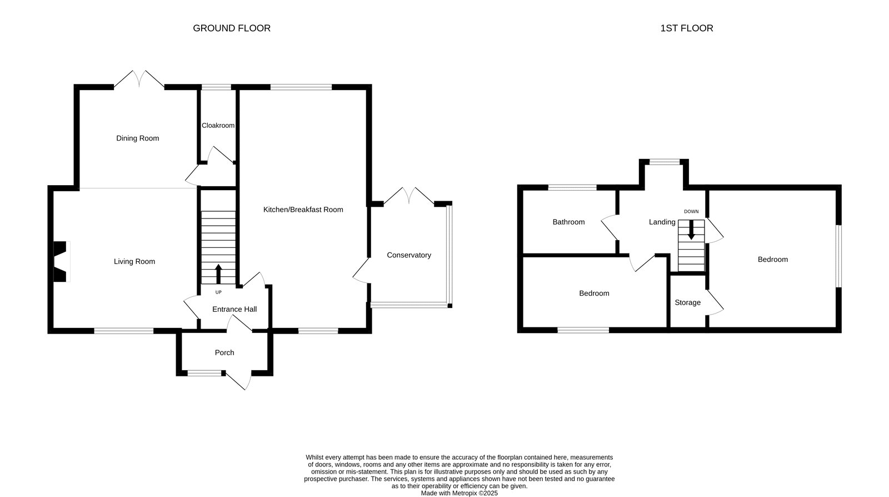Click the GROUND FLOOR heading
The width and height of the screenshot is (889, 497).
(x=232, y=28)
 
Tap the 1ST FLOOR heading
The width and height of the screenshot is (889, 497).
(x=687, y=28)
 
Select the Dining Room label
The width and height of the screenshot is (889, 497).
(x=137, y=138)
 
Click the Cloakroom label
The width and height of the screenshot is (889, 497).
(x=218, y=126)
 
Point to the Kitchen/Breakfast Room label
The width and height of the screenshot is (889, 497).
(x=303, y=210)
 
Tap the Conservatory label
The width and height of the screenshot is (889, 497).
(x=409, y=255)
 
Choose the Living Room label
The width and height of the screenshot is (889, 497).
(x=134, y=262)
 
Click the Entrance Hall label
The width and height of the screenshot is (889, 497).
(x=234, y=309)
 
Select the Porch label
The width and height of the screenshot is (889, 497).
(x=224, y=352)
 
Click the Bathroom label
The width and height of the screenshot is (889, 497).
(x=568, y=222)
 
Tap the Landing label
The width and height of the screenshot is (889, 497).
(x=662, y=222)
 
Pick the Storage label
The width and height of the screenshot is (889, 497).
(x=687, y=302)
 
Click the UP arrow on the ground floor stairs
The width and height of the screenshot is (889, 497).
(x=218, y=274)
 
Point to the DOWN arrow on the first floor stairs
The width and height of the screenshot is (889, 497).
(x=691, y=230)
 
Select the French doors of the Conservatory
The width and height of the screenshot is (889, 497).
(x=409, y=196)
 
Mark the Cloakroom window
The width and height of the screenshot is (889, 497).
(x=216, y=87)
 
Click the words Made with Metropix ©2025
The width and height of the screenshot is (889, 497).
(x=459, y=494)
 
